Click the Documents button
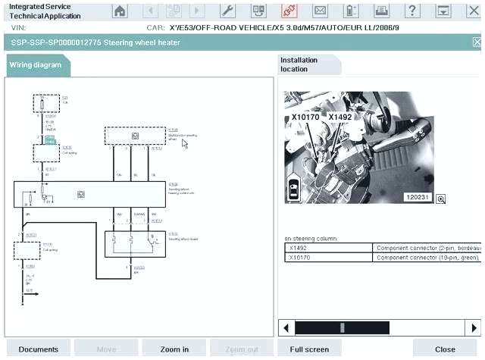click(38, 349)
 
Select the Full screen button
click(308, 349)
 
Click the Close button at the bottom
click(445, 349)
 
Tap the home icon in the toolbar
click(120, 11)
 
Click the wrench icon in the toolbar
click(227, 11)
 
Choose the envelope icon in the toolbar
click(320, 11)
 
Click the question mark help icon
click(411, 11)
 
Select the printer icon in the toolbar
click(382, 11)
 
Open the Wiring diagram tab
click(36, 65)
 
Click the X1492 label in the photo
click(340, 117)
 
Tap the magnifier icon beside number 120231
click(440, 199)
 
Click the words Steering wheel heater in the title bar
click(144, 42)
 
